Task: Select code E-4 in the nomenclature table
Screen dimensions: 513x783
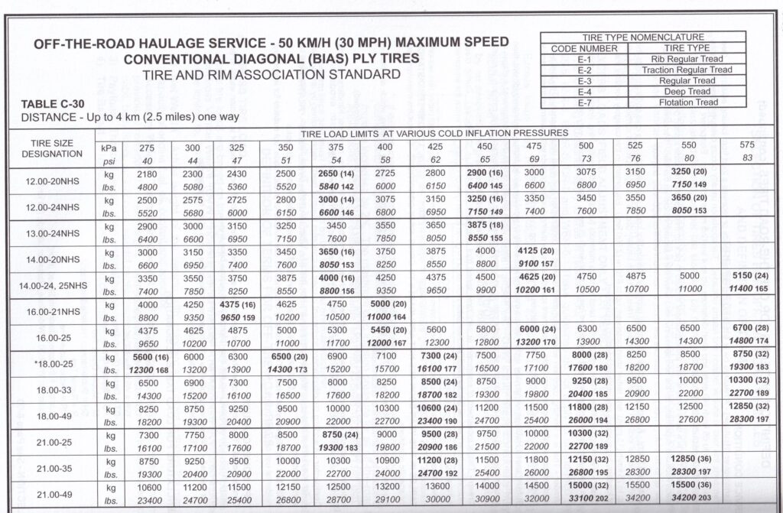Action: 585,92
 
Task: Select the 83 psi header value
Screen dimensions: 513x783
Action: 749,158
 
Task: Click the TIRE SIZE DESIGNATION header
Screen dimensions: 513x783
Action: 51,148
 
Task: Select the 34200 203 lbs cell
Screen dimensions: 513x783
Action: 694,500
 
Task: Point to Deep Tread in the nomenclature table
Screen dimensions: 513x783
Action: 686,92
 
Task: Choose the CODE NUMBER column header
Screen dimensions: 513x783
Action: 584,48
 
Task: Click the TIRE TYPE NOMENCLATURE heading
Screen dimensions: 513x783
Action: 643,37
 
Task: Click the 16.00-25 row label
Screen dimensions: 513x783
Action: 51,338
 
